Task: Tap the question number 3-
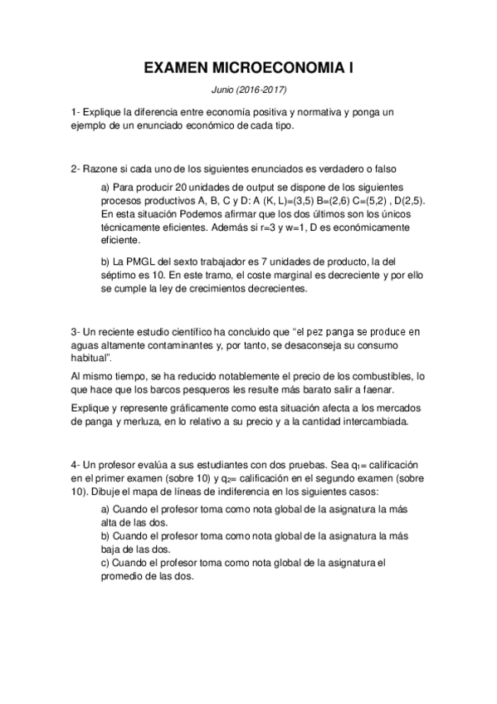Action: (x=76, y=333)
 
